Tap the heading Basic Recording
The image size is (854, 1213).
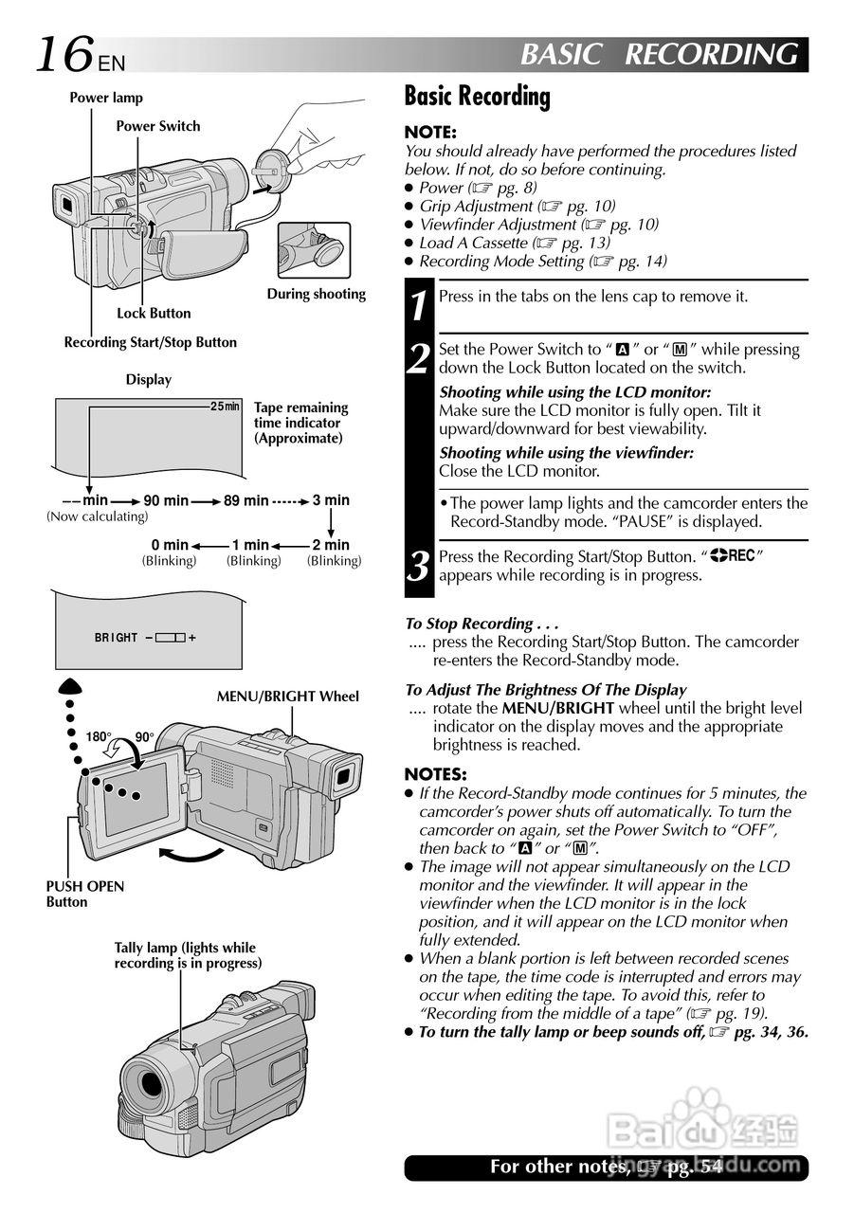coord(477,96)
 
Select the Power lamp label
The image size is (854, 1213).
coord(106,98)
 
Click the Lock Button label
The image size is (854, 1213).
coord(154,313)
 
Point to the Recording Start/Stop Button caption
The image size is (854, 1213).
coord(151,342)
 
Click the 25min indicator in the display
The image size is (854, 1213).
coord(226,407)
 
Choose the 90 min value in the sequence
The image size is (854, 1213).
coord(166,500)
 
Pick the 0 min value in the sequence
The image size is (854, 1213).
coord(170,545)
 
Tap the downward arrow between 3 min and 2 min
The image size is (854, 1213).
coord(331,522)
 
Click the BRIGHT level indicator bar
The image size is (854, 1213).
coord(171,638)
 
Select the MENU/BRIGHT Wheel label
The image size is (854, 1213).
coord(288,697)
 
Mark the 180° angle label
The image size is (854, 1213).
coord(99,737)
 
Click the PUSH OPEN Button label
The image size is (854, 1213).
coord(84,894)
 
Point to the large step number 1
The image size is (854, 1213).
coord(419,305)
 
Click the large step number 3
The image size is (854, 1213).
coord(419,566)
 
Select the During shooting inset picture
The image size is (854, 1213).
coord(314,250)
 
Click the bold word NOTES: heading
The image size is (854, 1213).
coord(435,774)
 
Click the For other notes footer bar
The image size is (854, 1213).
coord(606,1167)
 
